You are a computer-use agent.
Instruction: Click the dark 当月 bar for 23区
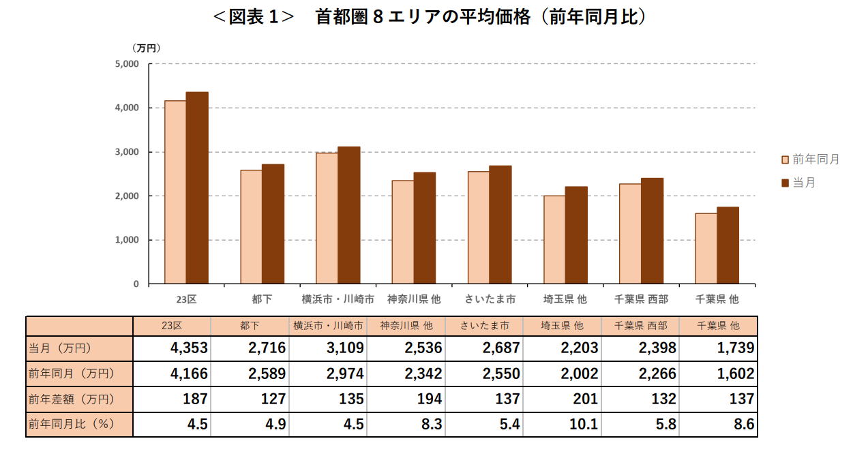197,188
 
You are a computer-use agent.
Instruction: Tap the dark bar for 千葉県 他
728,245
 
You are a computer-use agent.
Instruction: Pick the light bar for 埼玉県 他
554,240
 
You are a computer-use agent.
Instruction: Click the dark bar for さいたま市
500,225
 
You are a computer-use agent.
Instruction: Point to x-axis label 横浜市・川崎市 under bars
338,299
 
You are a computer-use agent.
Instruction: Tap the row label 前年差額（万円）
72,399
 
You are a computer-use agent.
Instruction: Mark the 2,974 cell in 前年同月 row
344,374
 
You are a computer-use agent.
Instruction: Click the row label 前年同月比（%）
72,425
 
